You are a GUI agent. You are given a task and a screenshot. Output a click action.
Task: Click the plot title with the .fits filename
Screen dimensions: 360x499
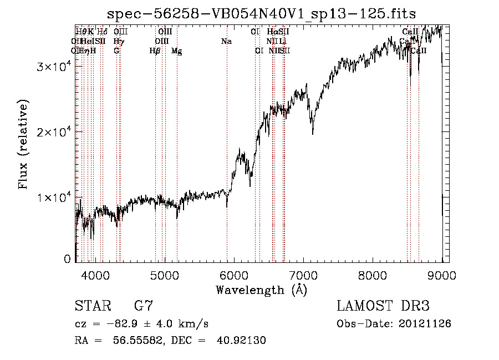click(261, 13)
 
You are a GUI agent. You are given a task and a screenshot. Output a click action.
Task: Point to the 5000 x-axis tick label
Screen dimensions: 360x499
click(165, 275)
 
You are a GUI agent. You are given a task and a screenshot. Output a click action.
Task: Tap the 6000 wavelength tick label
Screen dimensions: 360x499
click(234, 275)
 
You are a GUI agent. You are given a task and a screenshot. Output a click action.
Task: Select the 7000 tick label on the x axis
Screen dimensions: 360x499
click(303, 275)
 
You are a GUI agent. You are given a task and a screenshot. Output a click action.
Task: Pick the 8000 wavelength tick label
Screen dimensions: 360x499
click(373, 275)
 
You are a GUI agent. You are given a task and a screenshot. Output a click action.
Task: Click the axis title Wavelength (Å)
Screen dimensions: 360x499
click(261, 290)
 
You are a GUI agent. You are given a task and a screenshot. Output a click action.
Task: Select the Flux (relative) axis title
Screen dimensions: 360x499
click(23, 145)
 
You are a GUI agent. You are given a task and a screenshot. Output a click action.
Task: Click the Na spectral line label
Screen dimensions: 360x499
click(226, 41)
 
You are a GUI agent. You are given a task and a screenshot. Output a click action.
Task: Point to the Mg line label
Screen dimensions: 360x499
click(176, 50)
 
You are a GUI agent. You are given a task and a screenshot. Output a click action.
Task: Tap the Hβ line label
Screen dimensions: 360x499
click(155, 50)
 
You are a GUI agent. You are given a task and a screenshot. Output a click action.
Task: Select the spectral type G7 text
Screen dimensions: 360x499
click(144, 306)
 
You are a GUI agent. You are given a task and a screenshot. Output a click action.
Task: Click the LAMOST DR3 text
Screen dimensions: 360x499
click(383, 306)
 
